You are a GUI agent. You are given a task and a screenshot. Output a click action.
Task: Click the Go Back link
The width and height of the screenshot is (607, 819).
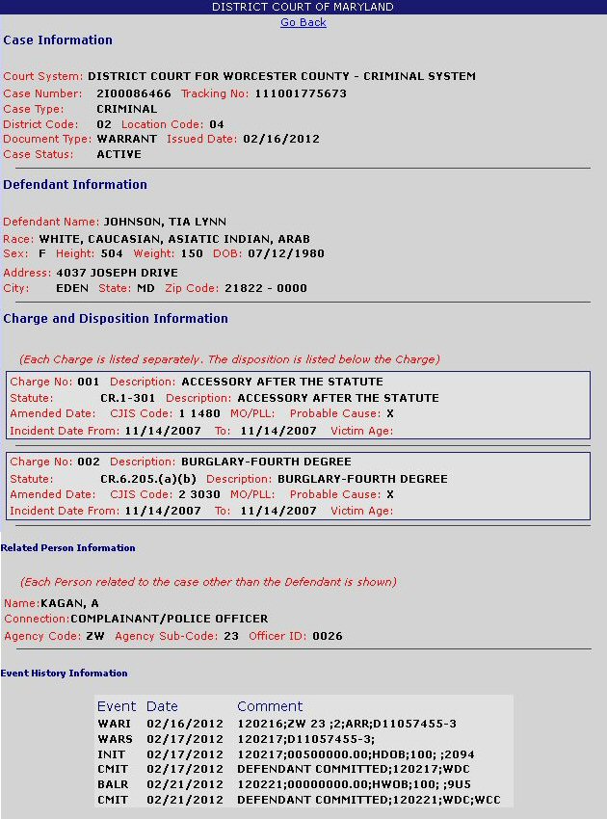point(303,22)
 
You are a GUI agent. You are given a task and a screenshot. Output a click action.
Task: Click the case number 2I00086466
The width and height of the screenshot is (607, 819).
point(134,93)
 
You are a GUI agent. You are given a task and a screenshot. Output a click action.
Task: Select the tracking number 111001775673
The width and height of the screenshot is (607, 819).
point(301,93)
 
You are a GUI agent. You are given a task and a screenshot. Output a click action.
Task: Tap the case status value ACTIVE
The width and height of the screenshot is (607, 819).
point(119,154)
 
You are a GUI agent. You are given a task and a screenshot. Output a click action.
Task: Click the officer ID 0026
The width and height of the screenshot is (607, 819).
point(327,636)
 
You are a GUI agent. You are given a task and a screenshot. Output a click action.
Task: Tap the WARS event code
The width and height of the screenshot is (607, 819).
point(114,739)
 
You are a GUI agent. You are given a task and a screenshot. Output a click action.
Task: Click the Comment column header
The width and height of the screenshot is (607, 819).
point(270,706)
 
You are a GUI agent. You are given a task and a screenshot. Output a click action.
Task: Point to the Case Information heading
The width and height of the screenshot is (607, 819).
point(58,40)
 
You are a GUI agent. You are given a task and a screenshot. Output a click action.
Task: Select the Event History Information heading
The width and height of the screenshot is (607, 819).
point(64,674)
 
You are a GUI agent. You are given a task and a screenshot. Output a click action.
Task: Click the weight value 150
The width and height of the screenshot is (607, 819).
point(192,253)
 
